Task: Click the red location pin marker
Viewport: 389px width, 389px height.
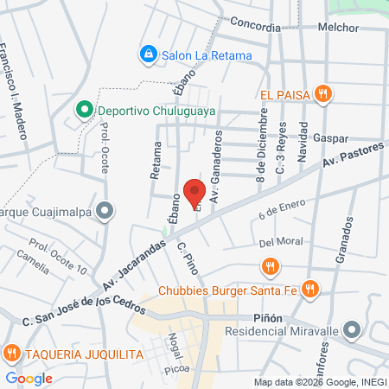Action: [x=194, y=192]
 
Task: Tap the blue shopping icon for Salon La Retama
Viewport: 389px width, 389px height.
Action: [x=148, y=54]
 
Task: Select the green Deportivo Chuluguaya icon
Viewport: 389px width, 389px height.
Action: [x=84, y=110]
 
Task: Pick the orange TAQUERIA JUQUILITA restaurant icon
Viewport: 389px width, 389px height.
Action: [x=11, y=353]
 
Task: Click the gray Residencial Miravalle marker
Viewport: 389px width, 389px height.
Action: [x=352, y=330]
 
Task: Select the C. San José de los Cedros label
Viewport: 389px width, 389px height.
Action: [x=77, y=310]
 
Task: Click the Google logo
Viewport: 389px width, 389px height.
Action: [x=29, y=378]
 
